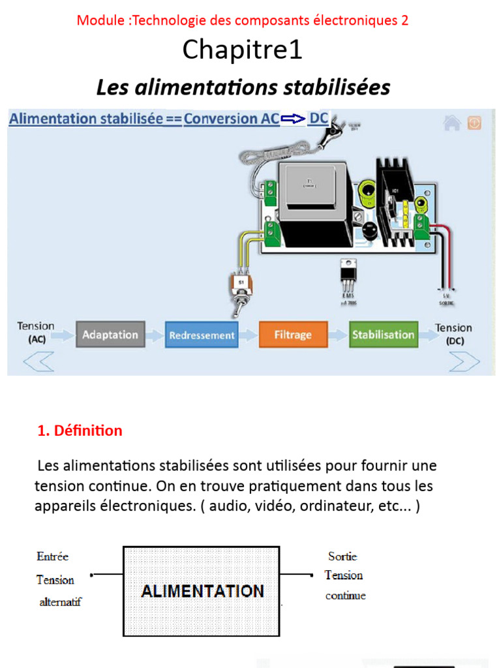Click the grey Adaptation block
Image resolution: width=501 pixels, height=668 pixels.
click(110, 335)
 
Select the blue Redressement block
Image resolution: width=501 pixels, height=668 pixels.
click(202, 335)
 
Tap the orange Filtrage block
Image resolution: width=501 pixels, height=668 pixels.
click(292, 335)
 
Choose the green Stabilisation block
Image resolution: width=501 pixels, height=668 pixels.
click(383, 335)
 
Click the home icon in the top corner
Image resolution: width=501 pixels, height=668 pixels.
click(452, 123)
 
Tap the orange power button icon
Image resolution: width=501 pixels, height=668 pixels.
click(474, 123)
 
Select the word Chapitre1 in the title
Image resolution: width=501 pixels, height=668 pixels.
click(243, 50)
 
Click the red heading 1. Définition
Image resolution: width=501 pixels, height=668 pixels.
click(80, 431)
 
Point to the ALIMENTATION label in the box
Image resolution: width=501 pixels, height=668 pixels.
click(203, 591)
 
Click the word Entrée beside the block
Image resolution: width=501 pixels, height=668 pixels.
click(53, 556)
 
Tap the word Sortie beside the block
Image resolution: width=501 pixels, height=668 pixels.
click(342, 556)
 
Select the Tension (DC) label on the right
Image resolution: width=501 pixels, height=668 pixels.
click(453, 334)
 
